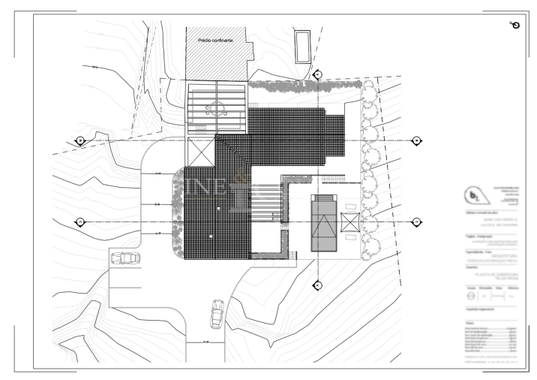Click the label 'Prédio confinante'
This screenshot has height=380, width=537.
[215, 40]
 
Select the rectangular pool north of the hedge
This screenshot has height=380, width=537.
[302, 47]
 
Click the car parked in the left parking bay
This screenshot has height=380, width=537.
[125, 259]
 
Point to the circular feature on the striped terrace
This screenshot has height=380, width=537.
[215, 107]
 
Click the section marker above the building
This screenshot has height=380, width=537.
[317, 75]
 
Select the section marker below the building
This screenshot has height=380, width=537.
[317, 285]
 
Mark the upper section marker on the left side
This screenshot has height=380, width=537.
[80, 140]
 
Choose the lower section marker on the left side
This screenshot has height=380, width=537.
[80, 222]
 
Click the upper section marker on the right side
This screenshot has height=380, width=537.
[416, 140]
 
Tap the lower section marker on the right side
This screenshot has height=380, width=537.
[416, 222]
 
